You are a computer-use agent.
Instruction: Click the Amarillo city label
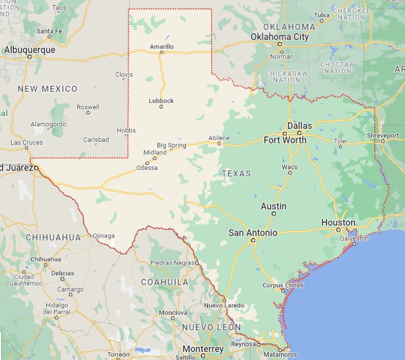point(161,47)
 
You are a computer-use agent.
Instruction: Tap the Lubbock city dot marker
point(161,107)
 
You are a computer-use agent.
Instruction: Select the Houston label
point(338,223)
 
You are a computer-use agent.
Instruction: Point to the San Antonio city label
point(253,233)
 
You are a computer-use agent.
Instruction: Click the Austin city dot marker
point(274,214)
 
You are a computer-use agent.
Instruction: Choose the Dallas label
point(299,126)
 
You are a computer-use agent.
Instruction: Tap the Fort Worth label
point(285,140)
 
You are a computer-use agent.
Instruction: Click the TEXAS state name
point(236,173)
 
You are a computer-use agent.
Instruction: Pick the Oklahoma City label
point(280,37)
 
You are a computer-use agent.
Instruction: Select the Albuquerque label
point(30,50)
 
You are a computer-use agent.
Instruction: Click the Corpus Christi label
point(283,285)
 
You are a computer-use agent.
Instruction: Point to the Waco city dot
point(290,173)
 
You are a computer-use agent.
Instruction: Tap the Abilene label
point(220,138)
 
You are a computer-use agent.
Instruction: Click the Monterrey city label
point(203,349)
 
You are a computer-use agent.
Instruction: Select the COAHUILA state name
point(164,282)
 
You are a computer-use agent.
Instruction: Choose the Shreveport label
point(383,135)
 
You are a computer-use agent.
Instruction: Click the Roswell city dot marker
point(88,112)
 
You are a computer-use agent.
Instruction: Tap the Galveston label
point(354,239)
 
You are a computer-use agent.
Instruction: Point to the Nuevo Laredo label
point(224,305)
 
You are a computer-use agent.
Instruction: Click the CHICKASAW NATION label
point(286,76)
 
